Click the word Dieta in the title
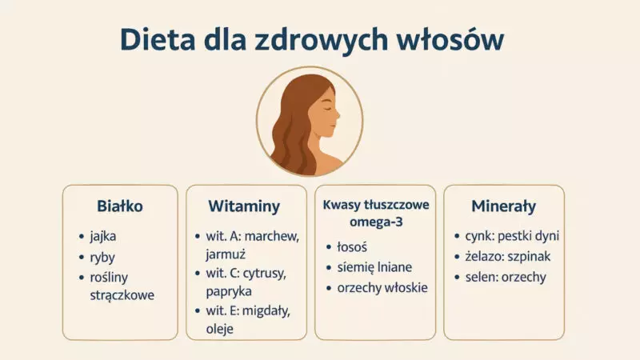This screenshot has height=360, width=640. (158, 39)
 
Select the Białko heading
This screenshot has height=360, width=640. (120, 206)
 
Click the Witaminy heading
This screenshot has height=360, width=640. (244, 206)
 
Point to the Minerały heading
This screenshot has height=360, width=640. (504, 206)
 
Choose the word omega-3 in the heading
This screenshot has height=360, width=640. (376, 222)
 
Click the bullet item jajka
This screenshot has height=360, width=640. (103, 237)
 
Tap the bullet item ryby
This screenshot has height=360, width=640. (102, 258)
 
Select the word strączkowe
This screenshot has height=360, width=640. (122, 295)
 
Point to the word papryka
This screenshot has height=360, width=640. (229, 292)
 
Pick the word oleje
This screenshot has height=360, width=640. (219, 329)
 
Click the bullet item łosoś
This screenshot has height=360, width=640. (352, 247)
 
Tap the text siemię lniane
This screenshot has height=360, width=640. (374, 267)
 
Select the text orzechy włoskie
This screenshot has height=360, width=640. (382, 288)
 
